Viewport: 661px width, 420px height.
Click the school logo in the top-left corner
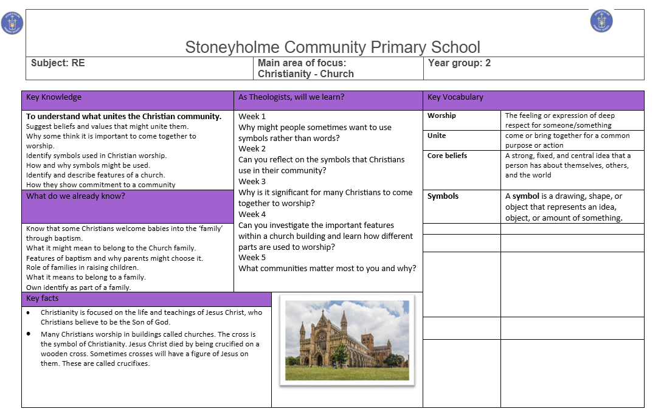(x=12, y=23)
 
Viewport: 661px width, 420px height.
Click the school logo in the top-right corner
(x=601, y=21)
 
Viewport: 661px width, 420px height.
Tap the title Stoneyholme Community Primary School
(x=333, y=47)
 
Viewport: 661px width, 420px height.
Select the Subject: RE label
(x=58, y=63)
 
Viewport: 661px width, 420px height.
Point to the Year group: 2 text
(x=459, y=63)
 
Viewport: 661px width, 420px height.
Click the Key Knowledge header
(x=54, y=97)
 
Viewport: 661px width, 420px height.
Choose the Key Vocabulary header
(x=455, y=97)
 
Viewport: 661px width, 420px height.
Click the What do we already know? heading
(x=75, y=196)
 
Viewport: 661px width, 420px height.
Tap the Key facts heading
(x=43, y=298)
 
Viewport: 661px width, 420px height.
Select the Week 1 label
(x=252, y=116)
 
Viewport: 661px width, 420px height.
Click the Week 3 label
(x=252, y=181)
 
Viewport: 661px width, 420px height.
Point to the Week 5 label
(x=252, y=257)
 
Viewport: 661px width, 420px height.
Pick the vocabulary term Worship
(x=441, y=115)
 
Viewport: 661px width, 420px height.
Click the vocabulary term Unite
(x=437, y=136)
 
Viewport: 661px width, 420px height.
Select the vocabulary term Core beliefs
(x=448, y=156)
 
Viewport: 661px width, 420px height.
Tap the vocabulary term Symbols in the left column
(x=443, y=196)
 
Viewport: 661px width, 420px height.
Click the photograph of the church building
(x=347, y=340)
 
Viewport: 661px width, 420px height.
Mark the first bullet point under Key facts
(x=29, y=312)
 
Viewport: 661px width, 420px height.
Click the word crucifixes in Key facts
(x=129, y=363)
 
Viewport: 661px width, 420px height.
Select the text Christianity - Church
(x=306, y=74)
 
